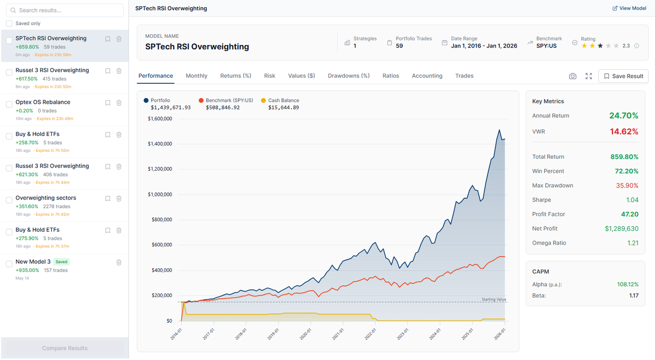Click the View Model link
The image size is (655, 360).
(x=629, y=8)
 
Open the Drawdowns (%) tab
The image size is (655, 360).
(x=348, y=76)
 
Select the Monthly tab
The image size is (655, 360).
(x=196, y=76)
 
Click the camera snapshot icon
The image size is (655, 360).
(x=573, y=76)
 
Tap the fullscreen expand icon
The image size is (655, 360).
(x=588, y=76)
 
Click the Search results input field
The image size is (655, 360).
(x=65, y=10)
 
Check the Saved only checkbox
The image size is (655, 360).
(x=9, y=24)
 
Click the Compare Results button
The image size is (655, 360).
(x=64, y=348)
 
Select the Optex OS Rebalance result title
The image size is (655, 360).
(x=42, y=102)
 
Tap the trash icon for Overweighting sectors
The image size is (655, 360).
(x=119, y=198)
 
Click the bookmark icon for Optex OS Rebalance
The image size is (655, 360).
(x=107, y=103)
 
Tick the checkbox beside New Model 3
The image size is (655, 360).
(x=9, y=264)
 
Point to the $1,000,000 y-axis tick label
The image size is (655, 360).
(x=160, y=194)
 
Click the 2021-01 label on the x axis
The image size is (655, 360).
(x=338, y=334)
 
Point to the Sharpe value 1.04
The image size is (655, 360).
(x=632, y=200)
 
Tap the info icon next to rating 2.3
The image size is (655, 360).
(x=637, y=46)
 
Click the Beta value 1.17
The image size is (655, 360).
(x=634, y=296)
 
